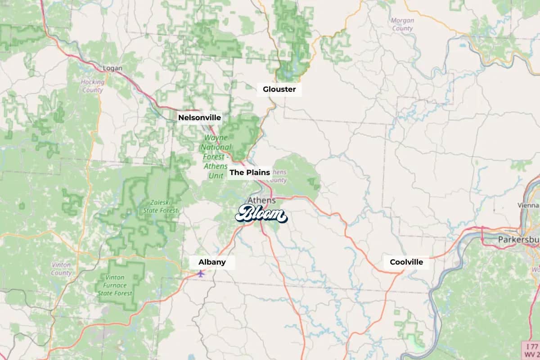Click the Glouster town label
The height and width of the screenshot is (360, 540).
click(x=279, y=89)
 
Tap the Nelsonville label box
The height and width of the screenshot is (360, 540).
click(x=199, y=117)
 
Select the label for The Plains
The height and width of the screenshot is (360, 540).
click(x=250, y=172)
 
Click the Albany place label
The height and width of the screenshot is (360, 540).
click(x=212, y=262)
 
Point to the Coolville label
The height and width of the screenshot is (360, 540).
click(x=406, y=262)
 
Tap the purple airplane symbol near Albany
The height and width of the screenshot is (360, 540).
click(x=201, y=273)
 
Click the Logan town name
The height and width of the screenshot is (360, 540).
click(x=112, y=68)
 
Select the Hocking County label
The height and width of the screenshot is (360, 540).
click(x=93, y=86)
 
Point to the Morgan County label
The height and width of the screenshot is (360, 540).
click(x=402, y=24)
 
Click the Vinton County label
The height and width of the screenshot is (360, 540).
click(x=61, y=269)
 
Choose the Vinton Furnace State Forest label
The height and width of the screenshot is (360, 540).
click(x=115, y=285)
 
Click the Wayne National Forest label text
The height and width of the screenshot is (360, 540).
click(x=216, y=147)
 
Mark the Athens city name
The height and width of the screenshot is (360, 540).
click(x=261, y=200)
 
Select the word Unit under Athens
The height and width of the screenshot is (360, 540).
click(x=217, y=175)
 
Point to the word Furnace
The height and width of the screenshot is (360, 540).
click(x=115, y=285)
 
